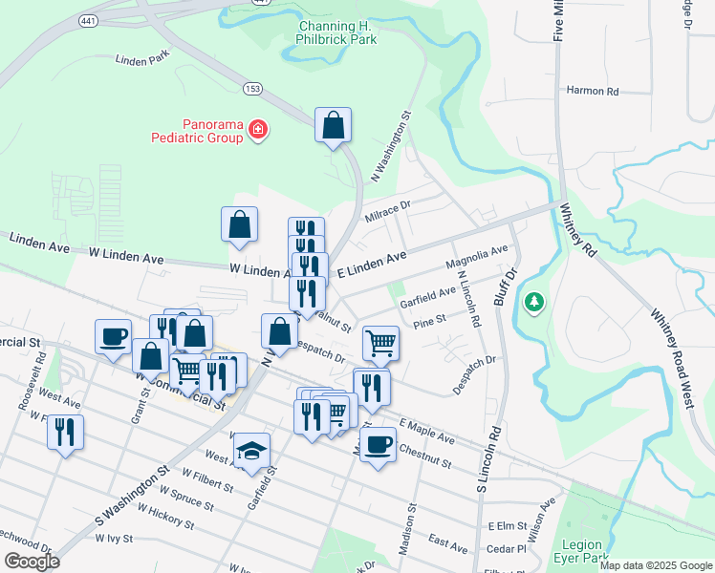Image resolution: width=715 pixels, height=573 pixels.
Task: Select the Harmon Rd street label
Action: [x=593, y=92]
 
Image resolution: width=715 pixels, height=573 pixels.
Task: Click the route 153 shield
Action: [x=252, y=88]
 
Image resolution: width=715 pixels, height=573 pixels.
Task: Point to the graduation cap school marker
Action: [x=252, y=452]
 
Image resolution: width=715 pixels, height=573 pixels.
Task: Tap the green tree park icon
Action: [x=534, y=304]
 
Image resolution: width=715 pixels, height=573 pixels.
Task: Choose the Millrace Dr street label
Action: [x=387, y=210]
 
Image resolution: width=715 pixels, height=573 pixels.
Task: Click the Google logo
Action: [x=31, y=562]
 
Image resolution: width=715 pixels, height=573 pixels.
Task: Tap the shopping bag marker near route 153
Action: [x=333, y=125]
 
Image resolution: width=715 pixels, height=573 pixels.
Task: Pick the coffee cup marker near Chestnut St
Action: [x=379, y=445]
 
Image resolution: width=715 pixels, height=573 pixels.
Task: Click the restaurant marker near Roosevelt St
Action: [x=65, y=433]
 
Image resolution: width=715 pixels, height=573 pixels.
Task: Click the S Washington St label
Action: [x=132, y=497]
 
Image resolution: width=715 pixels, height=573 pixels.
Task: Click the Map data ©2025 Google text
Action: [x=655, y=565]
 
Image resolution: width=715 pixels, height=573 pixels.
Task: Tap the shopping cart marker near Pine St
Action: [x=380, y=343]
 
